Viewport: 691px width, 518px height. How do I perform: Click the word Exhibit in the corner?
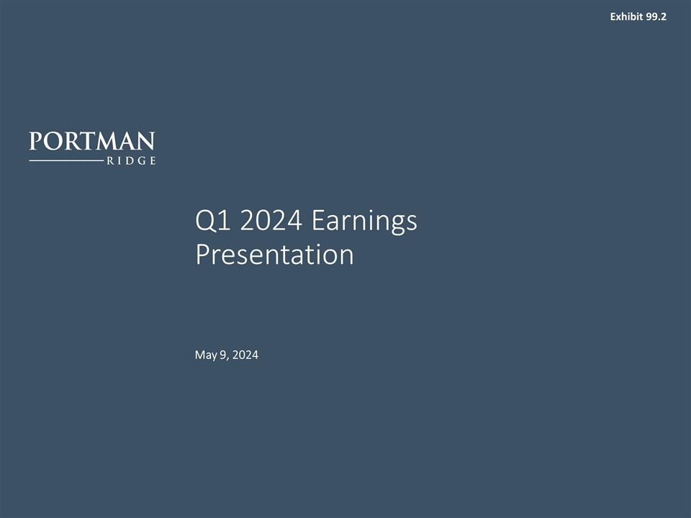click(625, 17)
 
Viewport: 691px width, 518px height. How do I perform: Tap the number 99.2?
click(656, 17)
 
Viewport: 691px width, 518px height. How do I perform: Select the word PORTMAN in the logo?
click(92, 140)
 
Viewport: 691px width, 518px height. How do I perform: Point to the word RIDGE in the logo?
click(131, 161)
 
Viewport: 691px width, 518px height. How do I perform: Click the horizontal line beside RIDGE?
click(66, 161)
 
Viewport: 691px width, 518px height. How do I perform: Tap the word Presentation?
click(274, 255)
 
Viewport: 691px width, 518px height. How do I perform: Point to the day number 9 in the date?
click(223, 355)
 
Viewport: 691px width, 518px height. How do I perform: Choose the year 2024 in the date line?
click(245, 355)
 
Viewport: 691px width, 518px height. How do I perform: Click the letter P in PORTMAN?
click(35, 140)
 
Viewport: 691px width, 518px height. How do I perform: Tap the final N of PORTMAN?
click(146, 140)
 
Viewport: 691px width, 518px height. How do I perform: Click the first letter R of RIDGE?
click(110, 161)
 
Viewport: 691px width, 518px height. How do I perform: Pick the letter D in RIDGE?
click(130, 161)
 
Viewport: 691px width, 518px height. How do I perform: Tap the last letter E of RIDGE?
click(152, 161)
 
